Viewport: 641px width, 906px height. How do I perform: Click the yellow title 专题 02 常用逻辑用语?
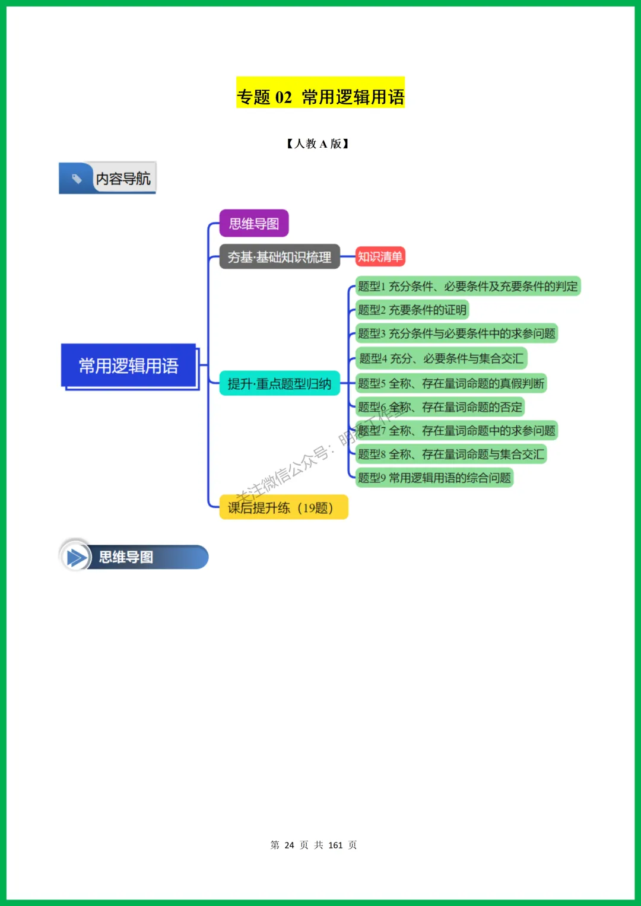coord(320,96)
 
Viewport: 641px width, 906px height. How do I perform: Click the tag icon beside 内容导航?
coord(77,178)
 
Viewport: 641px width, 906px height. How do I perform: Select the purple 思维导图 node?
coord(254,224)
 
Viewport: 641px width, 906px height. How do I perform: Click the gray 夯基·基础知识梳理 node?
coord(280,257)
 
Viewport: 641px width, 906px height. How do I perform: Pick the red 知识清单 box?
coord(380,256)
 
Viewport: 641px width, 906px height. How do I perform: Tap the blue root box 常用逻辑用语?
coord(129,365)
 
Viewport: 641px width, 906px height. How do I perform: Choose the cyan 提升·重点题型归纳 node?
coord(280,384)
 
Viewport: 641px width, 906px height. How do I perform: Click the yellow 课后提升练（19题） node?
coord(283,507)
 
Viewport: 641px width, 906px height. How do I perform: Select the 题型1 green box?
coord(467,287)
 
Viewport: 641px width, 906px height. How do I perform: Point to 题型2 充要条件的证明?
coord(412,310)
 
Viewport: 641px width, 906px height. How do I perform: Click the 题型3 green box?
coord(456,333)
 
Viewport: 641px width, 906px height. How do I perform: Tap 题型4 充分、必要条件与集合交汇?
coord(441,358)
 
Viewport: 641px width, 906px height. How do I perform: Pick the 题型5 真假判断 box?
coord(450,383)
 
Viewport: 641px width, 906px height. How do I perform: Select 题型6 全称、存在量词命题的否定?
coord(440,407)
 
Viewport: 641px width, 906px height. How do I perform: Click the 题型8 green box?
coord(450,454)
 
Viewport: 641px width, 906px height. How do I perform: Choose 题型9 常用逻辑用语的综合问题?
coord(434,478)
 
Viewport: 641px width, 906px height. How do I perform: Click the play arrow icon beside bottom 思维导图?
coord(76,557)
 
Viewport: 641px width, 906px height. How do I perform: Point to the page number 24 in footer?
coord(289,845)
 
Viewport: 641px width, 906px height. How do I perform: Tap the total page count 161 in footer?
coord(335,845)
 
